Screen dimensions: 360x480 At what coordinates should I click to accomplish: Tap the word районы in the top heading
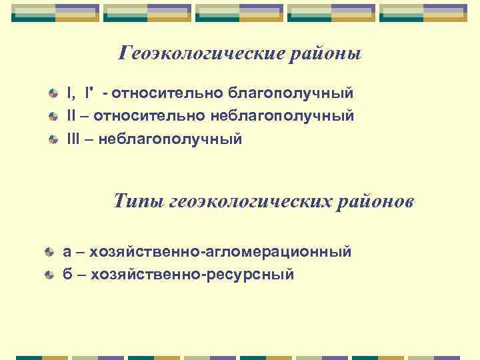pyautogui.click(x=325, y=53)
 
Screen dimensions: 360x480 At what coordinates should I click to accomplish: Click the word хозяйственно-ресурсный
pyautogui.click(x=192, y=275)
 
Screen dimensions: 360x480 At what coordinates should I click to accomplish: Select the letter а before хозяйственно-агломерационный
pyautogui.click(x=67, y=252)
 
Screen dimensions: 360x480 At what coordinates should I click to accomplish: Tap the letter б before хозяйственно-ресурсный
pyautogui.click(x=67, y=275)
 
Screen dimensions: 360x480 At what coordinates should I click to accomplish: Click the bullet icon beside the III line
pyautogui.click(x=53, y=140)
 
